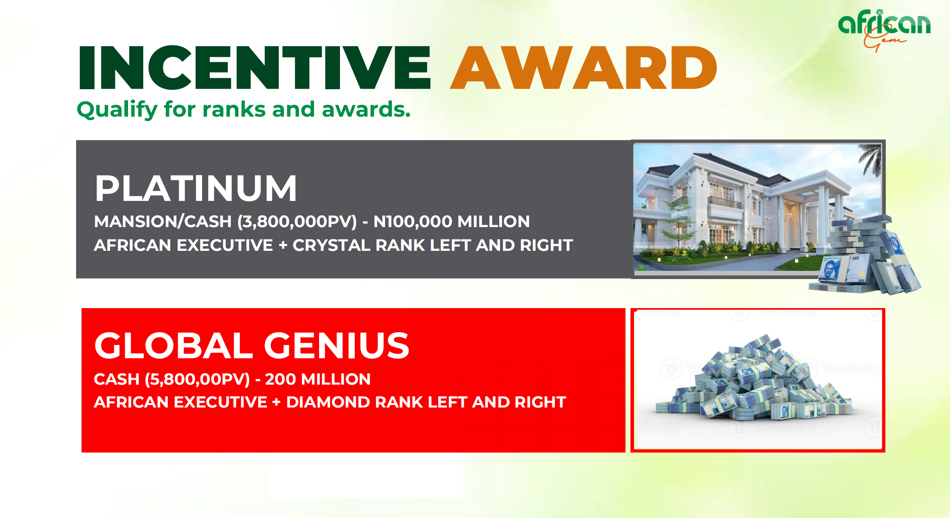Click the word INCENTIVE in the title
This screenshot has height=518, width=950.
coord(254,68)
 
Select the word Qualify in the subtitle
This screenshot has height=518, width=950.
coord(117,110)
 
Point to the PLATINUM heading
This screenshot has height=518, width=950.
coord(196,188)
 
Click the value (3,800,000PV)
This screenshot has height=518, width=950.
coord(297,222)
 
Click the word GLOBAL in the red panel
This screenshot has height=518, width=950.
coord(174,345)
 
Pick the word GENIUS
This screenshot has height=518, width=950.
coord(337,345)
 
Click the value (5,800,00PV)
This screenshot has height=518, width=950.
coord(197,379)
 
